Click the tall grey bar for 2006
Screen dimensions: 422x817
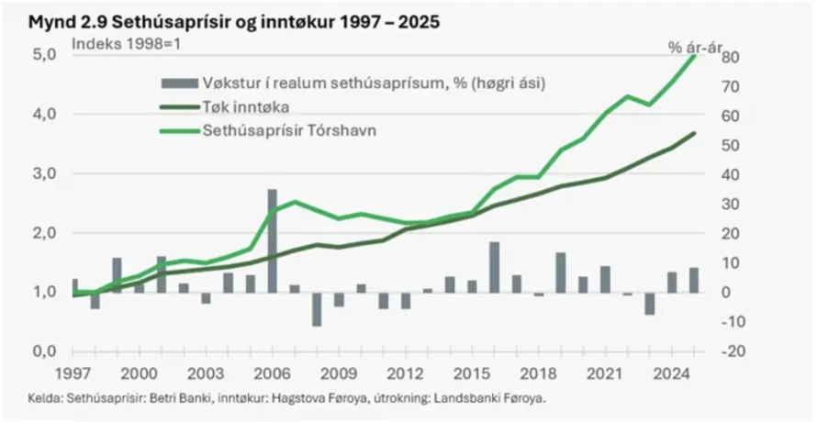(273, 240)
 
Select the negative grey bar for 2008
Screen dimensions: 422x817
(317, 309)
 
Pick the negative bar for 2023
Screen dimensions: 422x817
(650, 304)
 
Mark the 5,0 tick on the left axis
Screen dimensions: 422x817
(46, 55)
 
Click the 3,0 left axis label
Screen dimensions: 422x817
(46, 173)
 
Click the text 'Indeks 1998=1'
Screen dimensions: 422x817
(118, 43)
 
